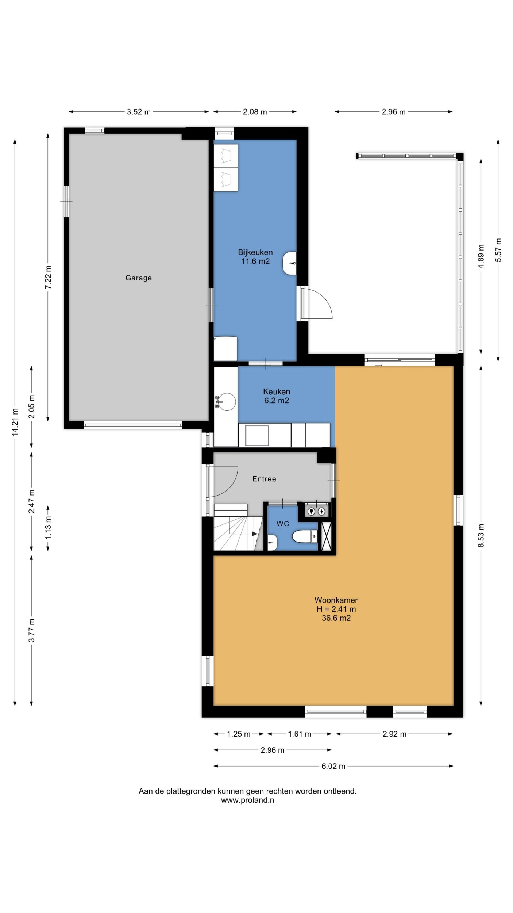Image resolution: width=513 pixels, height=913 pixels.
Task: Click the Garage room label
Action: pyautogui.click(x=138, y=278)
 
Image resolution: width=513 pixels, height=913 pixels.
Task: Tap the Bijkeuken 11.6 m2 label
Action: pyautogui.click(x=255, y=257)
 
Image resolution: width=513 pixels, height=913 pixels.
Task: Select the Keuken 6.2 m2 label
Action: pyautogui.click(x=277, y=396)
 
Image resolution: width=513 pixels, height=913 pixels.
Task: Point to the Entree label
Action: pyautogui.click(x=264, y=479)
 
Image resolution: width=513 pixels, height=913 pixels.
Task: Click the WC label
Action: pyautogui.click(x=283, y=524)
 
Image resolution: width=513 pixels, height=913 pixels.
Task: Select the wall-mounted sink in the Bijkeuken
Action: pyautogui.click(x=289, y=263)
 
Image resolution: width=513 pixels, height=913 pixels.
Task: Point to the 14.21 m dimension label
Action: pyautogui.click(x=15, y=422)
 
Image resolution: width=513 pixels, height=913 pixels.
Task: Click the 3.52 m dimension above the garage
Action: pyautogui.click(x=139, y=112)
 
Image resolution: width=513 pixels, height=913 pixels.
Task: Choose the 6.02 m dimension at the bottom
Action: pyautogui.click(x=333, y=766)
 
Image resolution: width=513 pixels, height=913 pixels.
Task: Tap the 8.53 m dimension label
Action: pyautogui.click(x=481, y=535)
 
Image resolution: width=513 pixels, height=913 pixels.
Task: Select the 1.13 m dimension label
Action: pyautogui.click(x=48, y=527)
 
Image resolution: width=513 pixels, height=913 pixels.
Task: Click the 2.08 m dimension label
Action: pyautogui.click(x=255, y=112)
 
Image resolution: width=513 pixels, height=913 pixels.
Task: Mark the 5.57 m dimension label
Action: pyautogui.click(x=498, y=250)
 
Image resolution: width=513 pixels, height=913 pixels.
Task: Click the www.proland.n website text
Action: pyautogui.click(x=248, y=800)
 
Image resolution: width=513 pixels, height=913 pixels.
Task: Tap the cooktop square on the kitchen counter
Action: pyautogui.click(x=257, y=435)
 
